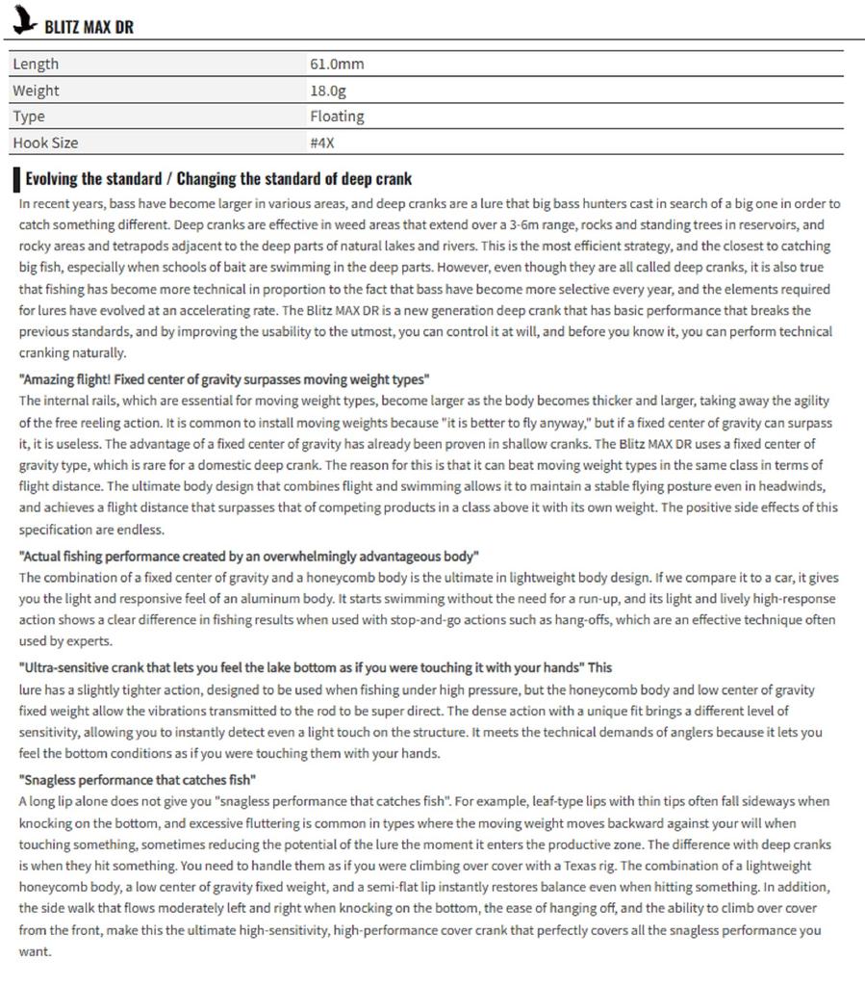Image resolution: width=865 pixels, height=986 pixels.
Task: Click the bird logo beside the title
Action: (x=23, y=22)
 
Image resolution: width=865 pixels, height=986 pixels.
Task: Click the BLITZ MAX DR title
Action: (x=89, y=27)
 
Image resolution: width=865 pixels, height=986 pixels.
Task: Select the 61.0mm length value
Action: (x=337, y=64)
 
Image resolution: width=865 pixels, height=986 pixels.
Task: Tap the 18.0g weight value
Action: (x=328, y=91)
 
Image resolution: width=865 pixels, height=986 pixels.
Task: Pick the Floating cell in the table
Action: (x=337, y=117)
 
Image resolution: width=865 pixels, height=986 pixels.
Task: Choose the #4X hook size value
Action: (x=322, y=143)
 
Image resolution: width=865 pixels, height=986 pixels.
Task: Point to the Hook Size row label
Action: (x=45, y=143)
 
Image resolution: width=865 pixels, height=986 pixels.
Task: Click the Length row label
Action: (x=36, y=64)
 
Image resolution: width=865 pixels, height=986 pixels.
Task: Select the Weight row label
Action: (x=36, y=91)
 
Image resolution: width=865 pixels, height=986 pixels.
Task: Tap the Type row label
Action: (x=29, y=117)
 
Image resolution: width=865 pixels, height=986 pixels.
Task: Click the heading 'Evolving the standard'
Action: (x=218, y=178)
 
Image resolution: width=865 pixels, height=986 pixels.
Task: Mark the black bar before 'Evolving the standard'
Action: (x=16, y=179)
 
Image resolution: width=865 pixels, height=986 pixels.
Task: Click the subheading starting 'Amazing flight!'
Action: (x=224, y=379)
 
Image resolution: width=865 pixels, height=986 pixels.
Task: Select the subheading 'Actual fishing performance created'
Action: (x=248, y=557)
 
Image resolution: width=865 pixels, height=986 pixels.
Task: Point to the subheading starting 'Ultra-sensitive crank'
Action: (x=315, y=668)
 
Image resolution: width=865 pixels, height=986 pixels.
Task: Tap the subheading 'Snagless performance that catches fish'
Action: (x=138, y=780)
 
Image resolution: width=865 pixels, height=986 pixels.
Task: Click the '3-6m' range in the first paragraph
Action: (x=524, y=224)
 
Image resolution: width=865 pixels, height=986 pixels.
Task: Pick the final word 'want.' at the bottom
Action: (x=35, y=951)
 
